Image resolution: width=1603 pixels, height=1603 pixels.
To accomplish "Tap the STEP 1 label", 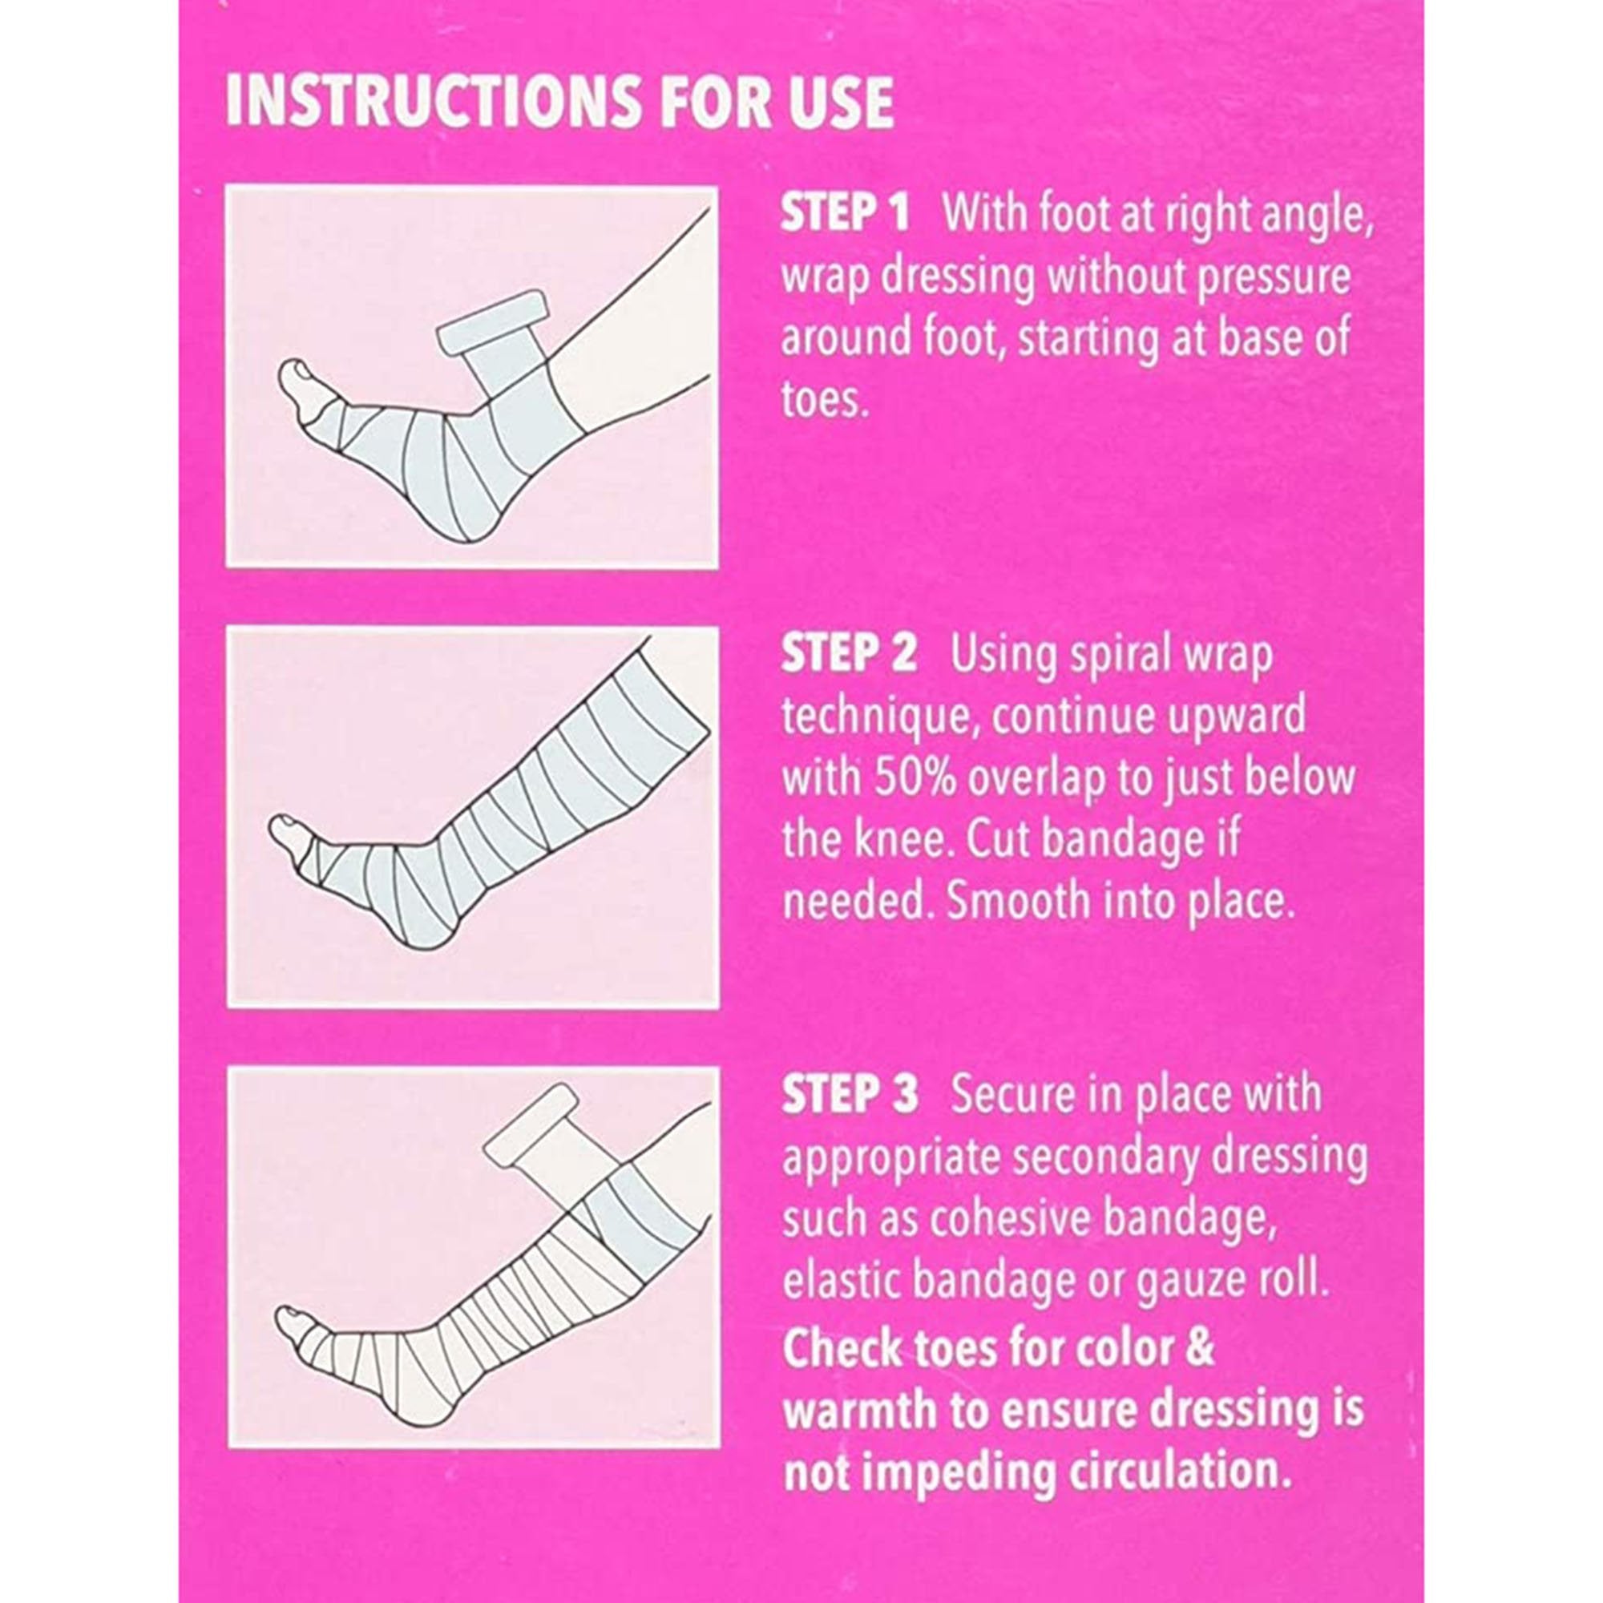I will point(845,215).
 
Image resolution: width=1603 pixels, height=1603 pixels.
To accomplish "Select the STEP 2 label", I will point(849,655).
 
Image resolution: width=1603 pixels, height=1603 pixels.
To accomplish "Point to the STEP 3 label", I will point(850,1094).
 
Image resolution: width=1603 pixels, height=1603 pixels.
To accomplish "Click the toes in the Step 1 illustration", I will point(294,378).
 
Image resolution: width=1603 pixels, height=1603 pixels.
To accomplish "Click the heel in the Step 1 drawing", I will point(481,532).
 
